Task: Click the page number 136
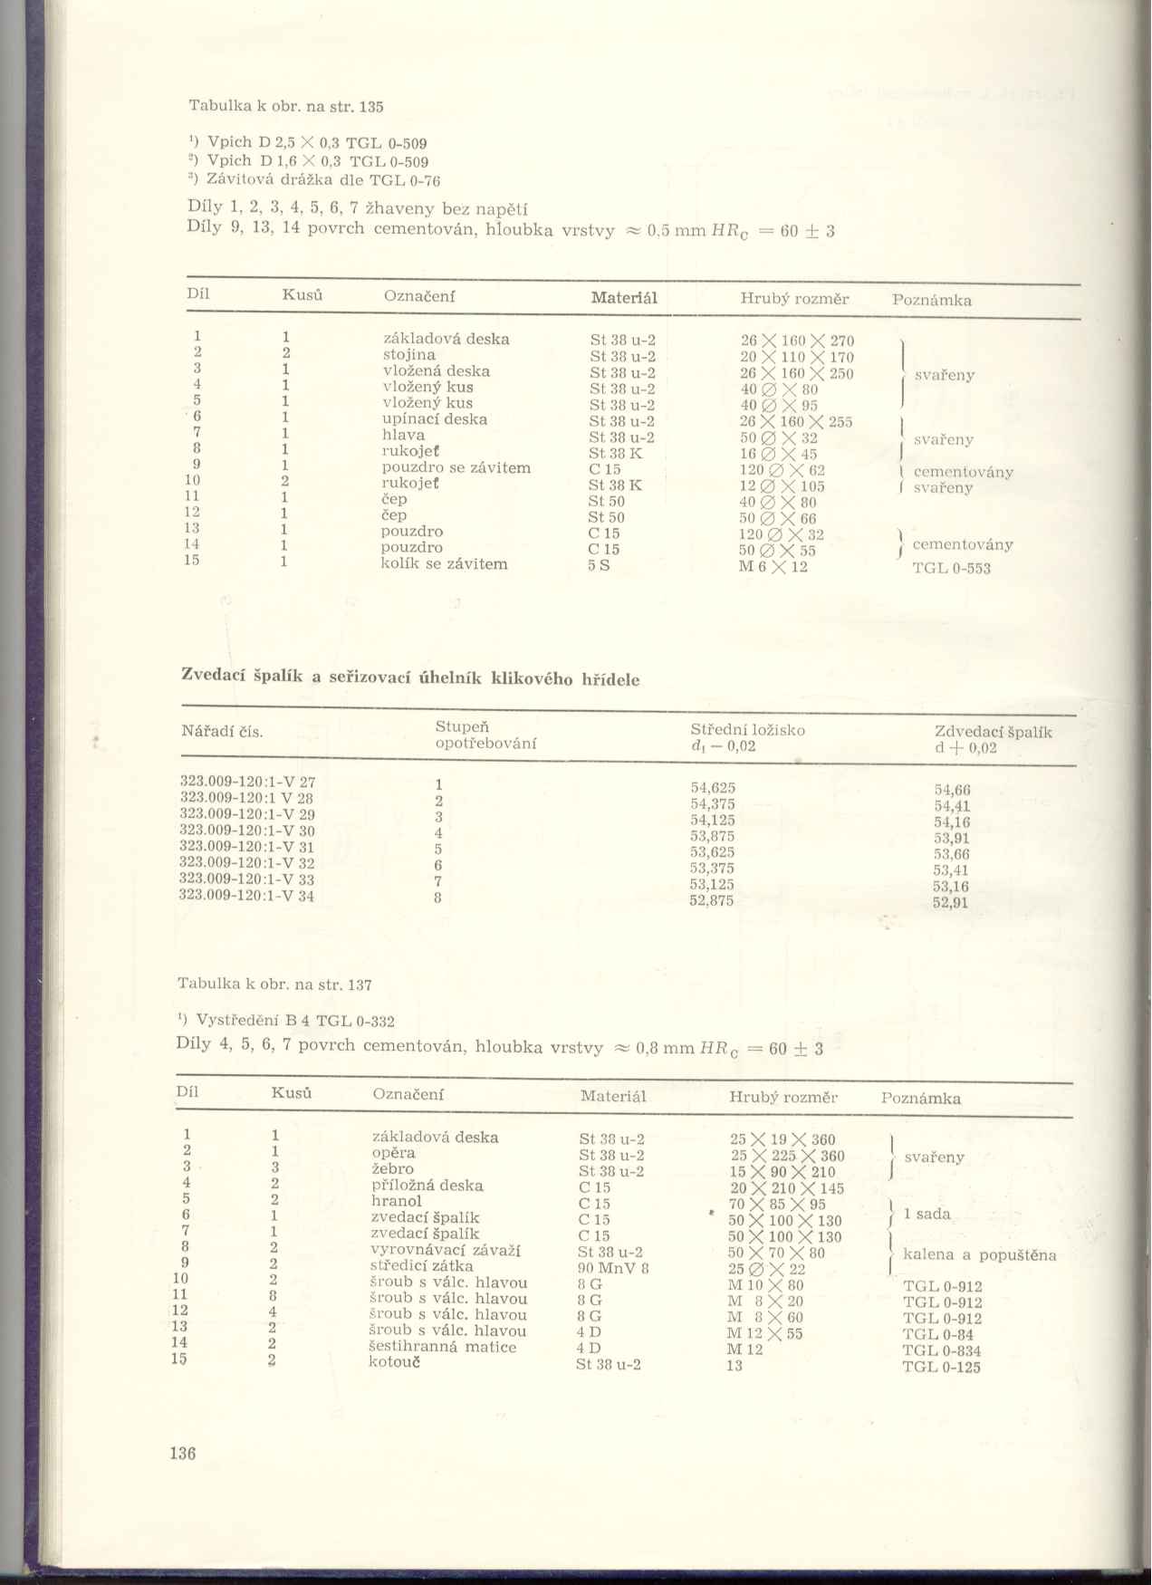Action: coord(182,1453)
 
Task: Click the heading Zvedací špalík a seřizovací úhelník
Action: coord(410,677)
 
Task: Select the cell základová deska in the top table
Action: coord(446,339)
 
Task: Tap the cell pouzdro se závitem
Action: coord(456,467)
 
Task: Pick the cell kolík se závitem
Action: coord(444,563)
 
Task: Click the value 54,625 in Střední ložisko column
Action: coord(713,788)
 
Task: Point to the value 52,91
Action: coord(951,902)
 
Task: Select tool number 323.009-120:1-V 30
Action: coord(247,830)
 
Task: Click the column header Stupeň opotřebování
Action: coord(485,735)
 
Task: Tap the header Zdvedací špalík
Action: coord(993,732)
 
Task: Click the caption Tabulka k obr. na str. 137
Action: coord(274,984)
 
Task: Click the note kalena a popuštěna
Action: coord(979,1255)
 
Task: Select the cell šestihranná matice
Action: coord(443,1347)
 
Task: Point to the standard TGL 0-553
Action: coord(951,569)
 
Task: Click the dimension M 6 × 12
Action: coord(773,567)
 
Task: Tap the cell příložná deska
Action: coord(427,1185)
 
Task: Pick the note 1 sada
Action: coord(927,1214)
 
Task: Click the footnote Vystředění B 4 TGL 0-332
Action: coord(294,1021)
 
